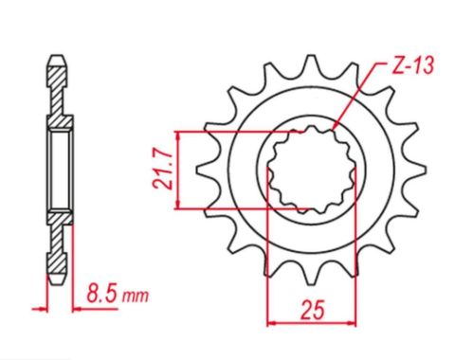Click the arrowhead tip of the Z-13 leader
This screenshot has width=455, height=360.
point(334,128)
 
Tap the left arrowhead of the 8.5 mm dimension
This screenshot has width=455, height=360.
point(46,307)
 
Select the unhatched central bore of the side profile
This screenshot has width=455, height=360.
point(59,170)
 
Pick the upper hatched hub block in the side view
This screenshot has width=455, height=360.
point(59,121)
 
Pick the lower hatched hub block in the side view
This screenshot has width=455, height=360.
point(59,219)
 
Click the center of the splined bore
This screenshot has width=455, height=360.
point(312,170)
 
